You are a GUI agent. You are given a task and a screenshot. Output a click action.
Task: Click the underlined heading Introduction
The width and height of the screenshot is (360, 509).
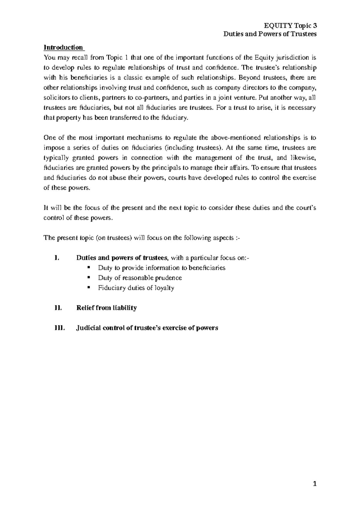click(63, 47)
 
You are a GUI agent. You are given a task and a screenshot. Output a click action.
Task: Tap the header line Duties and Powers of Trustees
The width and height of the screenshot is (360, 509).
click(270, 34)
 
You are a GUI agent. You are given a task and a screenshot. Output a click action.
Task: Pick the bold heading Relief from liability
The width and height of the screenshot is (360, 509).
click(106, 308)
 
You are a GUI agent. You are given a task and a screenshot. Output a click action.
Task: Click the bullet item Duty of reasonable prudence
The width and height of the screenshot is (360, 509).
click(140, 278)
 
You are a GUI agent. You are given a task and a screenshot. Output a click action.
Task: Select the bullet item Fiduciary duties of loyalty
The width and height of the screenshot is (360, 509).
click(136, 288)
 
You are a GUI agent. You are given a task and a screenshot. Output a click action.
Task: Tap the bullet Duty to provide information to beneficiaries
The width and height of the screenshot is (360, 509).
click(161, 268)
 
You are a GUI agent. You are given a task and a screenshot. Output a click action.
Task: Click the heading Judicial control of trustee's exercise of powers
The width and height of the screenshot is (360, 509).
click(147, 328)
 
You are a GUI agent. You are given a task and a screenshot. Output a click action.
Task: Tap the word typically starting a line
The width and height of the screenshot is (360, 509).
click(54, 158)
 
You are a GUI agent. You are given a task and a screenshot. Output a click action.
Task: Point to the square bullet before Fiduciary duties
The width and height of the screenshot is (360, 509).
click(88, 287)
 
